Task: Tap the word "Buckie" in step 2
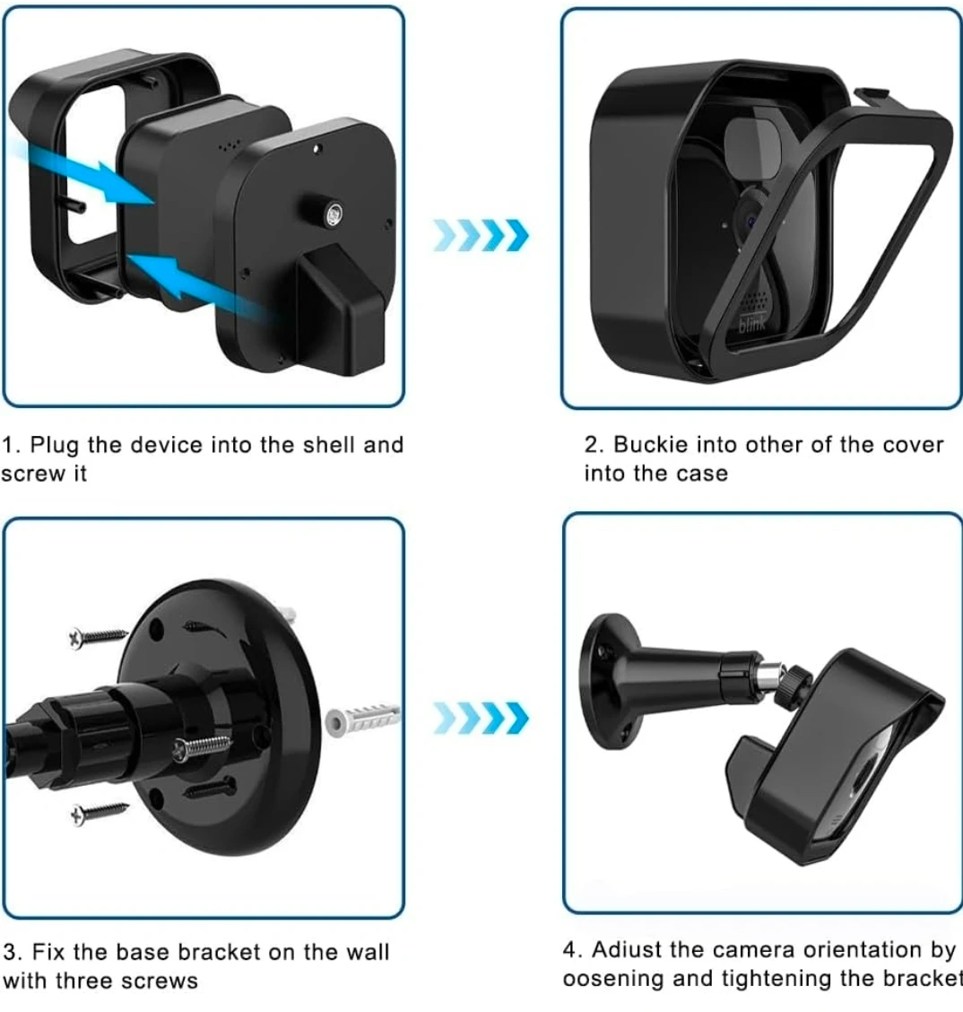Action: (650, 445)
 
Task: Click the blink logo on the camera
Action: (752, 325)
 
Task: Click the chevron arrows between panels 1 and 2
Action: (481, 235)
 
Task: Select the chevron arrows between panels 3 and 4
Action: (481, 718)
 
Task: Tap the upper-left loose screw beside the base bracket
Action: (98, 636)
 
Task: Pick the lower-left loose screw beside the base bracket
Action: (100, 812)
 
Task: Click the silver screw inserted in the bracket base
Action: (201, 748)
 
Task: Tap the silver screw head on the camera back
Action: (334, 214)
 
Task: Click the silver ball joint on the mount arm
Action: (770, 679)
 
